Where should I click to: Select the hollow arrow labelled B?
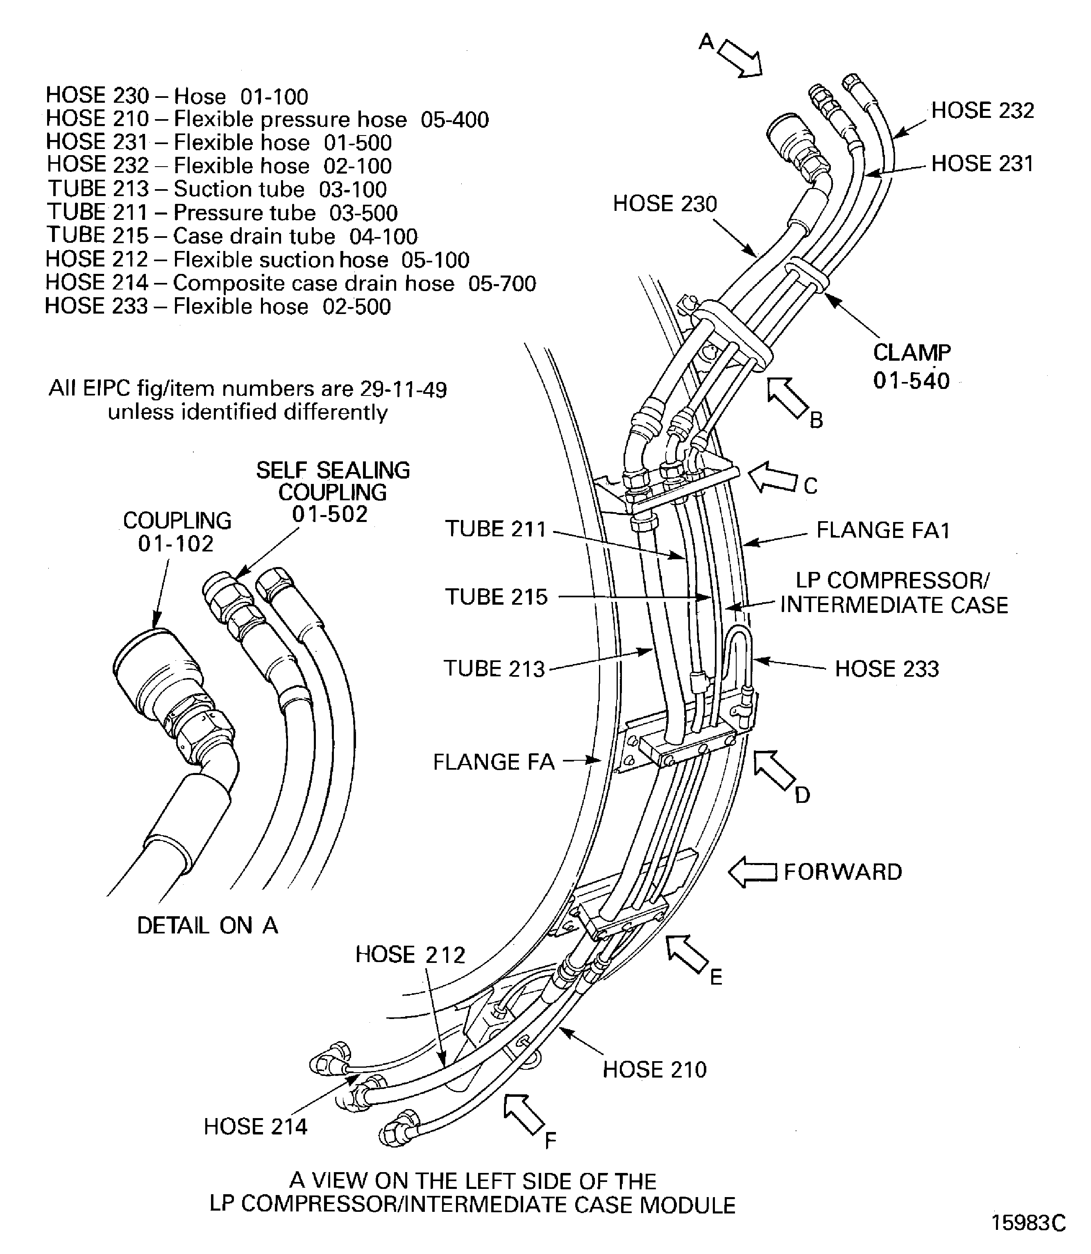[x=787, y=397]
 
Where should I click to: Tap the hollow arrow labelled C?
[x=772, y=478]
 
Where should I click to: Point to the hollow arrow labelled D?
[x=774, y=770]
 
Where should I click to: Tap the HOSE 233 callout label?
[x=887, y=669]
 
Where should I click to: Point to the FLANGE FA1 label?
[x=883, y=530]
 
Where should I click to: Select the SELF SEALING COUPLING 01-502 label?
[x=332, y=492]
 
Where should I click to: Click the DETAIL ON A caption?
[x=207, y=925]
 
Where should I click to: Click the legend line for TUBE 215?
[x=232, y=236]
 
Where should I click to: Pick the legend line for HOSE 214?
[x=290, y=283]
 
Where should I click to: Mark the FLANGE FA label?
[x=494, y=762]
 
